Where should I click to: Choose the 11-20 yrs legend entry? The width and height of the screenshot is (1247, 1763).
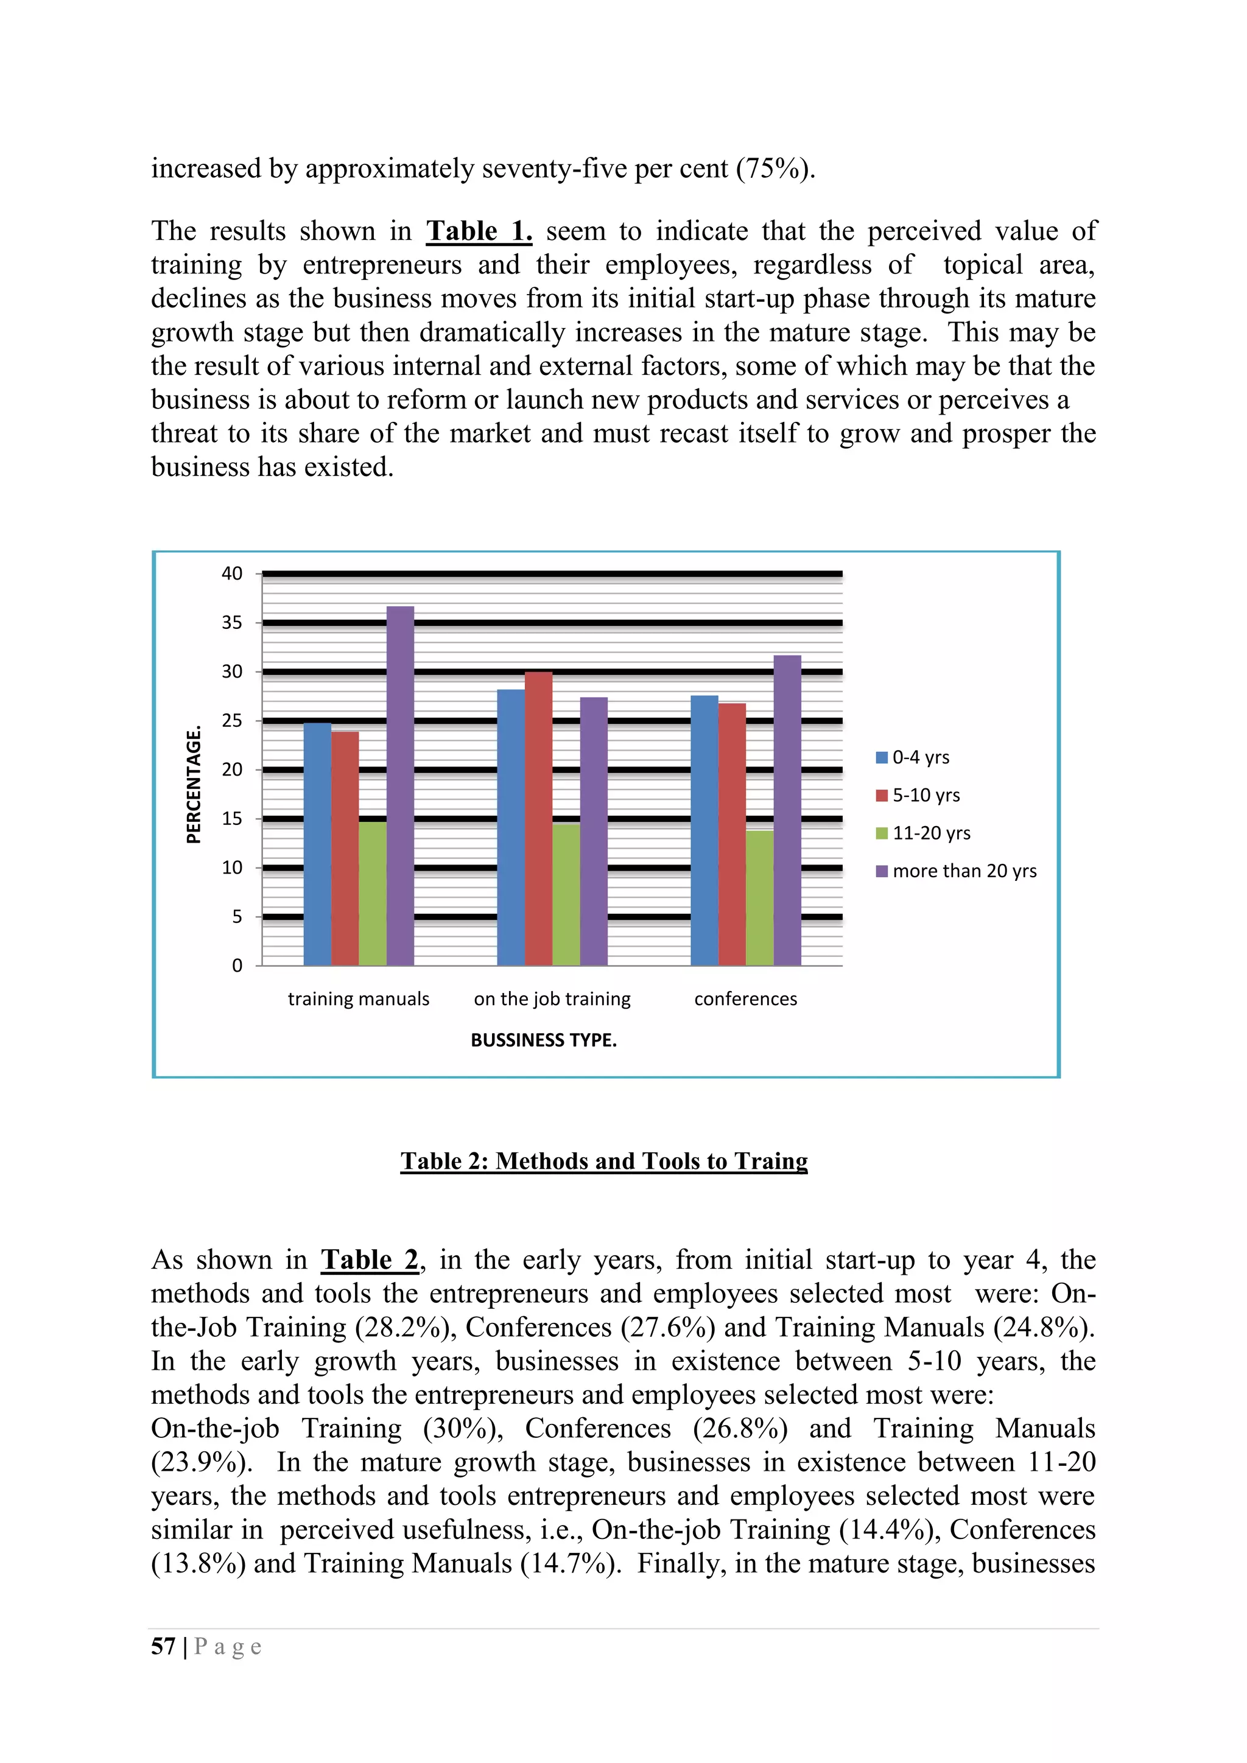tap(924, 834)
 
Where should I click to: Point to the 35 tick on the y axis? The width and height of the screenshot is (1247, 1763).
tap(232, 623)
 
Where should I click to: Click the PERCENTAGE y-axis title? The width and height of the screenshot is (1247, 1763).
tap(194, 784)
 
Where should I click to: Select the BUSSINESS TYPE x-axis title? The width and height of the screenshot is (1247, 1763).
tap(544, 1040)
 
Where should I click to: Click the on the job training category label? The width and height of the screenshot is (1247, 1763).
tap(552, 999)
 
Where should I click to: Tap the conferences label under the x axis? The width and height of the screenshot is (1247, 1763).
tap(746, 999)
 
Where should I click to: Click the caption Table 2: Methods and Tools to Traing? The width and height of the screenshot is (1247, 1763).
tap(603, 1161)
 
